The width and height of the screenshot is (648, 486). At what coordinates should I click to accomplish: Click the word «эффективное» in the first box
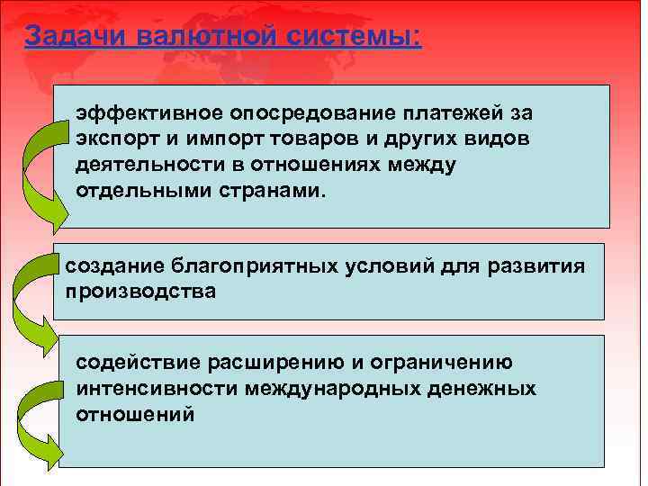(148, 114)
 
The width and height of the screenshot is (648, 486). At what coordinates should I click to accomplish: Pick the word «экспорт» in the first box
(120, 140)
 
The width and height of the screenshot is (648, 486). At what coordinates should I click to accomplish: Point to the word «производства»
(140, 292)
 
